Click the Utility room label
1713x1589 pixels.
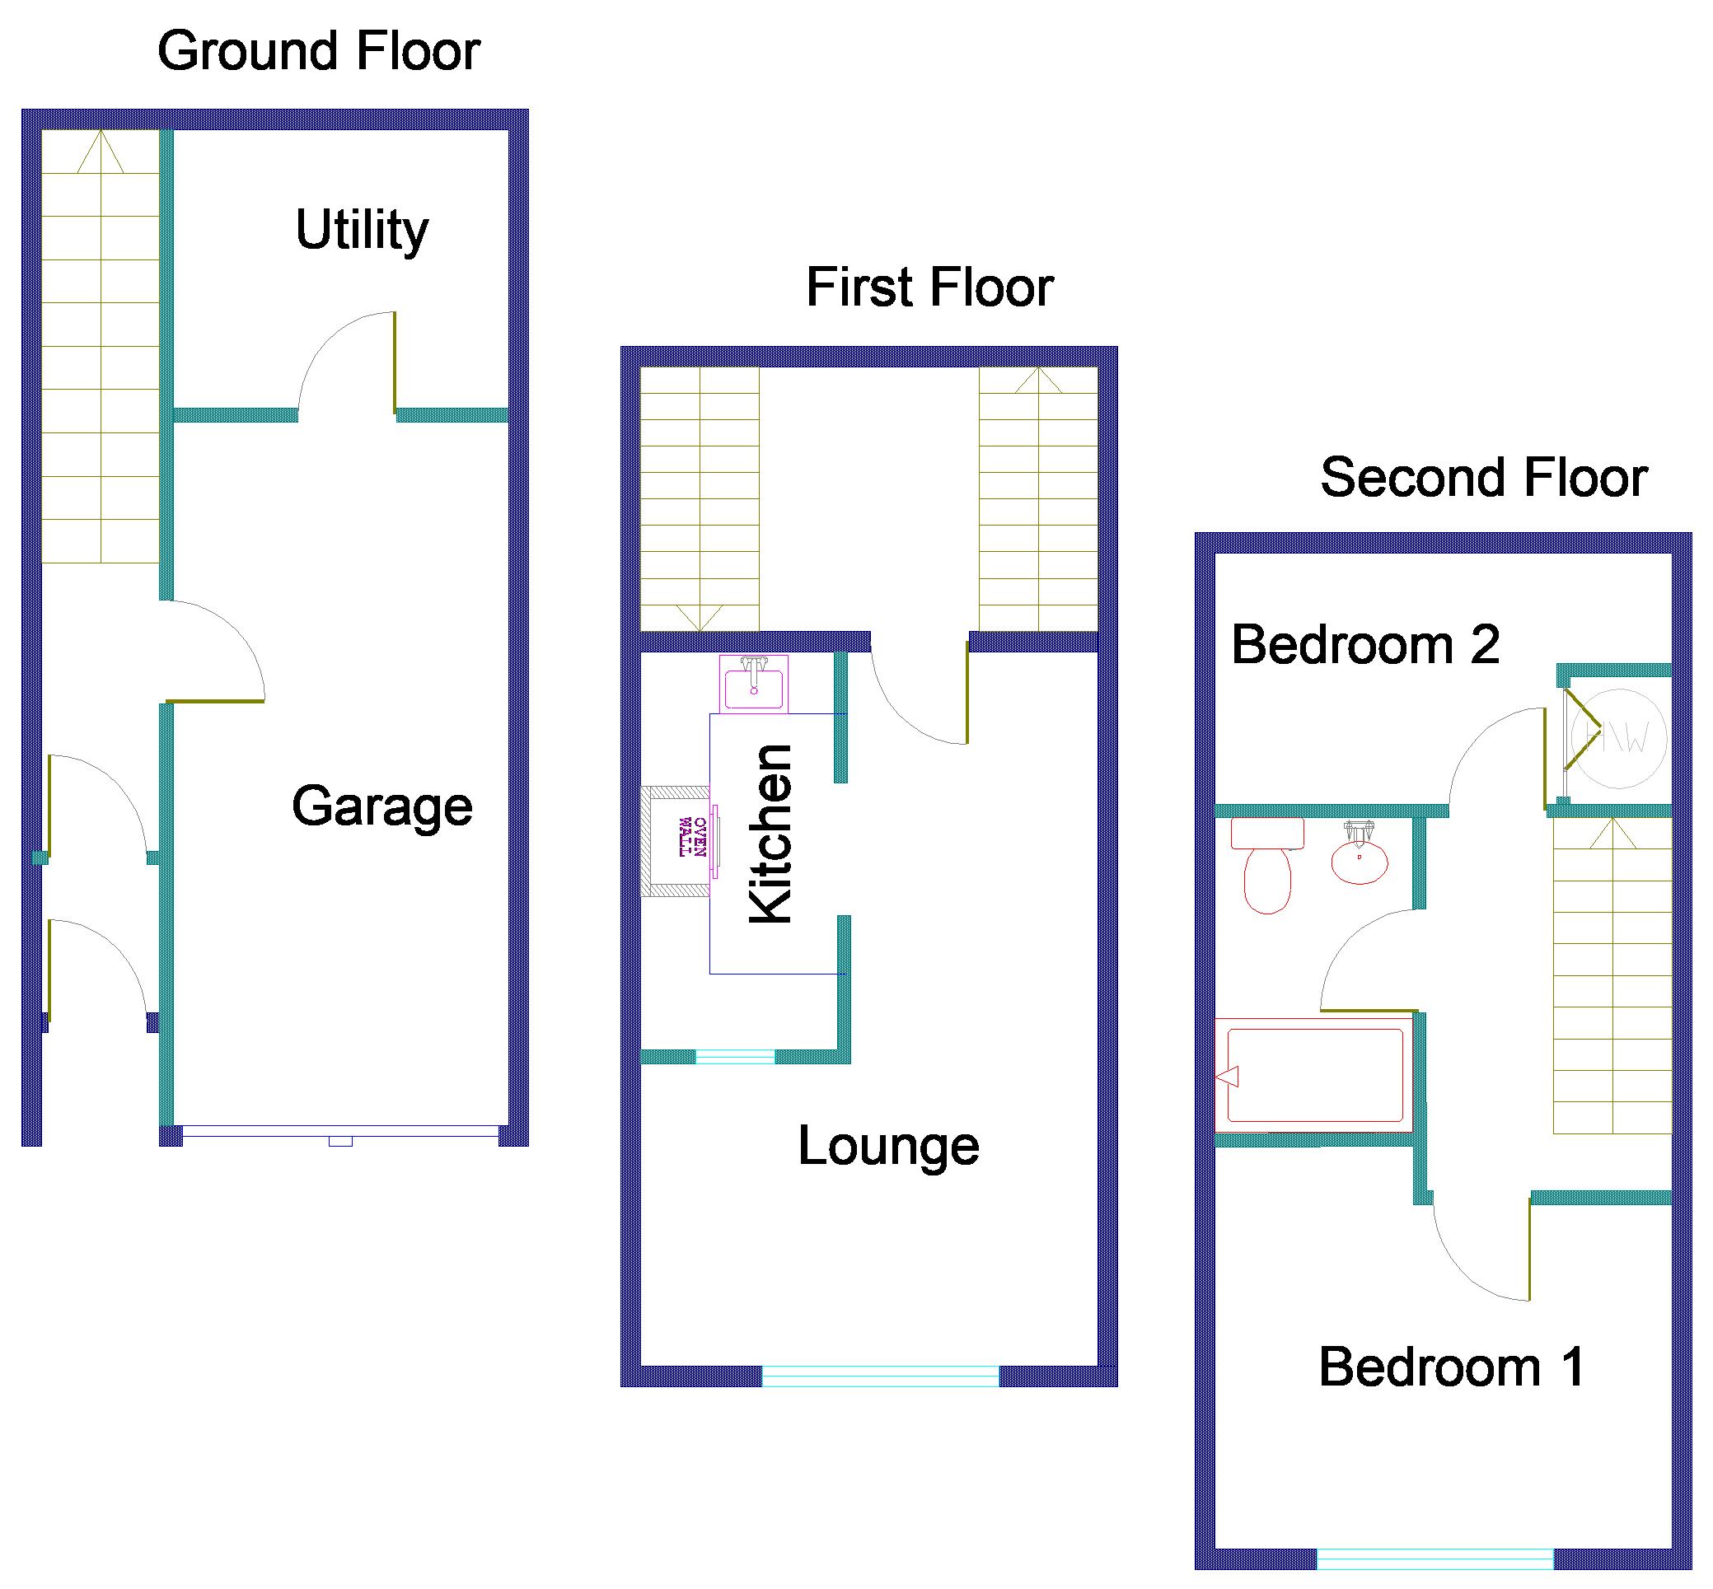click(361, 231)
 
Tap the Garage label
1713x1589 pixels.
click(381, 806)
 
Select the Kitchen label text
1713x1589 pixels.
click(770, 834)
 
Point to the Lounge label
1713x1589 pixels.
click(888, 1146)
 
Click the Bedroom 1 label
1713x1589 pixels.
click(1452, 1367)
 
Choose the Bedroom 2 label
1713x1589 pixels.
click(1365, 644)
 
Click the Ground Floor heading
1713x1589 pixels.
click(318, 51)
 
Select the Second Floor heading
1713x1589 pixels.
click(1483, 477)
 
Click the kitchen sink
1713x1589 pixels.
click(753, 685)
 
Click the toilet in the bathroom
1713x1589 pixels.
click(1267, 864)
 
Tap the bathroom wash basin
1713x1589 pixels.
click(1359, 855)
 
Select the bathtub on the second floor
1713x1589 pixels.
click(1314, 1075)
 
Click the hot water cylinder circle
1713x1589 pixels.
click(1618, 738)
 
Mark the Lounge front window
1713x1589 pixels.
click(880, 1376)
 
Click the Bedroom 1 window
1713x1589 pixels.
click(1435, 1559)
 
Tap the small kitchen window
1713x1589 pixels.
click(734, 1057)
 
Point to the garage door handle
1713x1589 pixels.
click(340, 1142)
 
